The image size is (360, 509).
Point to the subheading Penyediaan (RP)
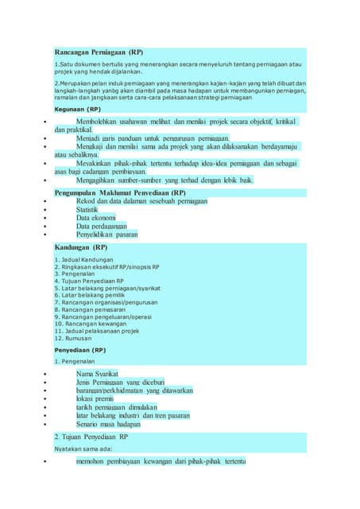pos(79,350)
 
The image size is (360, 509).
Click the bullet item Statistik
pos(92,209)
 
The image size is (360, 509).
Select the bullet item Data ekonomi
pos(96,218)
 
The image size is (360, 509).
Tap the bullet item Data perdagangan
pos(102,227)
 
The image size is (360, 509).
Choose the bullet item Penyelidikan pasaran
pos(106,235)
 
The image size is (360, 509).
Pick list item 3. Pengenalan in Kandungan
pos(77,274)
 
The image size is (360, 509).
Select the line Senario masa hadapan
pos(114,425)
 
